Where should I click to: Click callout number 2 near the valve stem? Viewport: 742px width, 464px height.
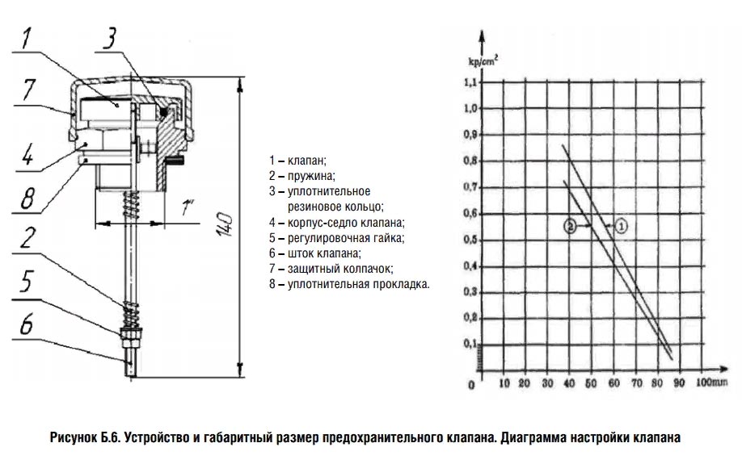coord(27,238)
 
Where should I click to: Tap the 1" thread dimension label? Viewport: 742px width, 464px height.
coord(188,208)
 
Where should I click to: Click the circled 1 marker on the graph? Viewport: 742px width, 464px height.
coord(621,227)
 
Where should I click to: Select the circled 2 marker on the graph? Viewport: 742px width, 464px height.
coord(571,227)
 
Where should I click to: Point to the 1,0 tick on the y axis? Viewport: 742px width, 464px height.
coord(470,109)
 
